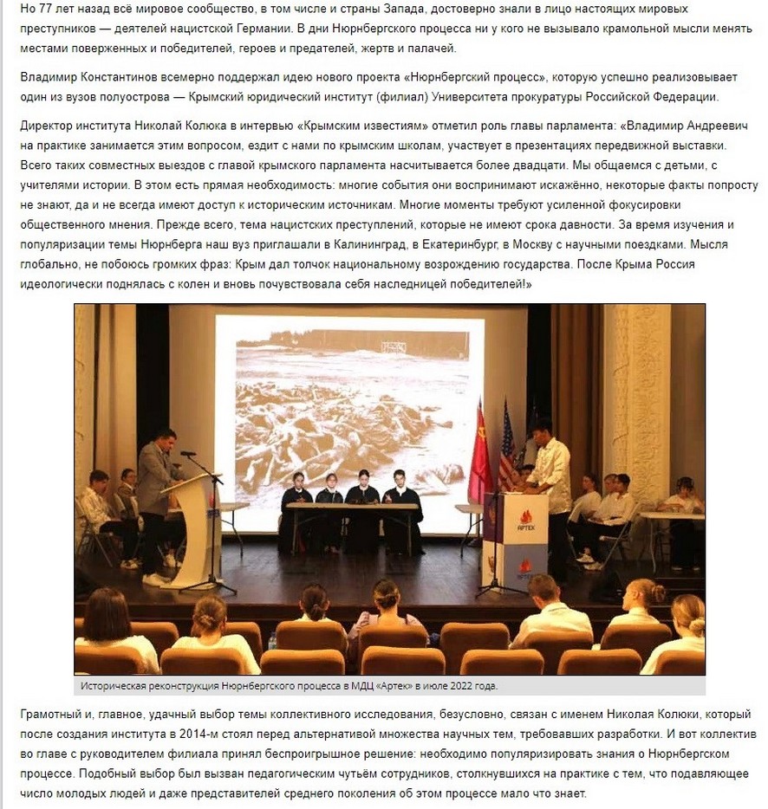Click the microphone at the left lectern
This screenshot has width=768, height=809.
tap(185, 453)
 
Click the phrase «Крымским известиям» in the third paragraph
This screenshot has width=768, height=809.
tap(340, 126)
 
